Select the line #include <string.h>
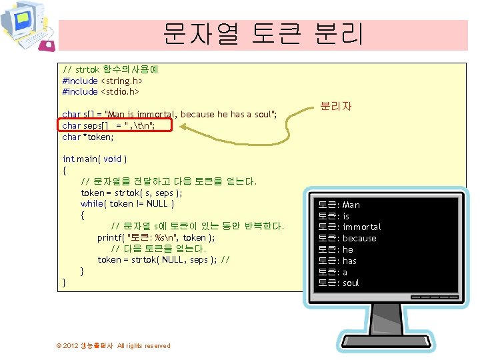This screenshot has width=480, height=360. click(102, 80)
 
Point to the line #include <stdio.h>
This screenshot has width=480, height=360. click(100, 91)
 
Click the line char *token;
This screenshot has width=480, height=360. click(88, 137)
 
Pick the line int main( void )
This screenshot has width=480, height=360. click(95, 159)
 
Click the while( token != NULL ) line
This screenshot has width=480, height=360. click(127, 203)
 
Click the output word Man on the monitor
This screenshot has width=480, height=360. click(351, 205)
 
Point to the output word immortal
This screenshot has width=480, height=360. click(362, 227)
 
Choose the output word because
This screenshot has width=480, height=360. click(359, 239)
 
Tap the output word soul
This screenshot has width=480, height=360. click(351, 283)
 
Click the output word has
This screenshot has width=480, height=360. click(349, 261)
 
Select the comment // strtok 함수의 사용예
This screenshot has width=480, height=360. click(109, 69)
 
